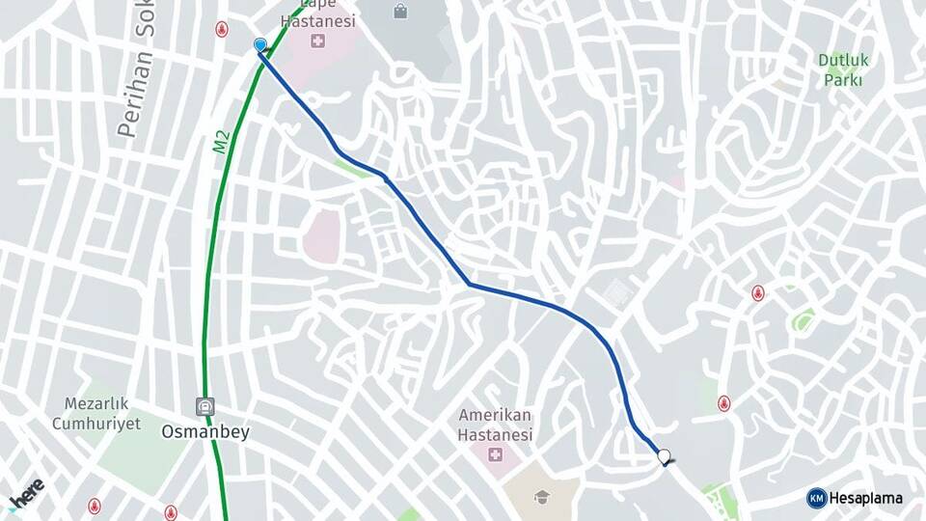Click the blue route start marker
tap(259, 45)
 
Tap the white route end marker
tap(664, 456)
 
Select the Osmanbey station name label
tap(204, 432)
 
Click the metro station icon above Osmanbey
tap(204, 406)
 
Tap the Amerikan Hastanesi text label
tap(496, 425)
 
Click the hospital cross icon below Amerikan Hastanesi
tap(496, 454)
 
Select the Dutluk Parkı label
tap(843, 69)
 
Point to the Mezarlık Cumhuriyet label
tap(96, 413)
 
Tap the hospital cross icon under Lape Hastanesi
tap(317, 41)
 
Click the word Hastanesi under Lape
tap(317, 20)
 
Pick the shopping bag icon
tap(400, 12)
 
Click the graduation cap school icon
tap(542, 497)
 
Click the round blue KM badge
tap(816, 498)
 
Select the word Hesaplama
tap(866, 498)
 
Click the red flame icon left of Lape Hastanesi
tap(223, 29)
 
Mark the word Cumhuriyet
tap(96, 423)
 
